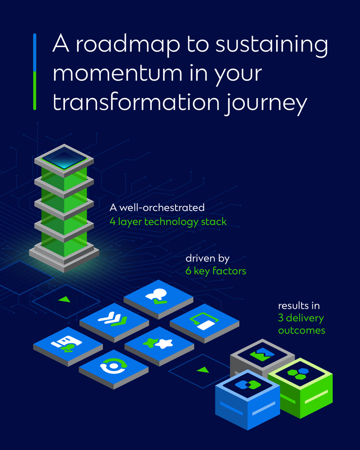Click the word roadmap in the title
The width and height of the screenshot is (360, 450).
click(x=128, y=44)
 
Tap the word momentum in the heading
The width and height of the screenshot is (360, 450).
click(x=117, y=73)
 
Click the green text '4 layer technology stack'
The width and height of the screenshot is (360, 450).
click(x=168, y=222)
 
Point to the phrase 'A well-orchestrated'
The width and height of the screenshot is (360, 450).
click(x=157, y=207)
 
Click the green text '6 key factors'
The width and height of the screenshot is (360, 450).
click(x=215, y=271)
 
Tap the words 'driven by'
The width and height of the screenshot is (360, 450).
click(x=207, y=259)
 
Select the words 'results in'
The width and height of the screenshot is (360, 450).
click(x=299, y=306)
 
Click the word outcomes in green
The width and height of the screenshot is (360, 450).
click(x=302, y=330)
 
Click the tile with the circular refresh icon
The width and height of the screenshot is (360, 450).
click(x=114, y=369)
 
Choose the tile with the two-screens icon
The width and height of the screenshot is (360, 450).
click(x=204, y=323)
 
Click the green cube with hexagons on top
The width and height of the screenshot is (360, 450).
click(x=301, y=388)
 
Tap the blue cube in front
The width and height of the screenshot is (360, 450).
click(x=247, y=400)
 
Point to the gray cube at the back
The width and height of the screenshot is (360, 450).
click(x=262, y=358)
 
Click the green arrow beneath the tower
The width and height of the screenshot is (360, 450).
click(x=65, y=299)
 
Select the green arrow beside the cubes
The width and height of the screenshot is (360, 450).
click(x=203, y=370)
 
